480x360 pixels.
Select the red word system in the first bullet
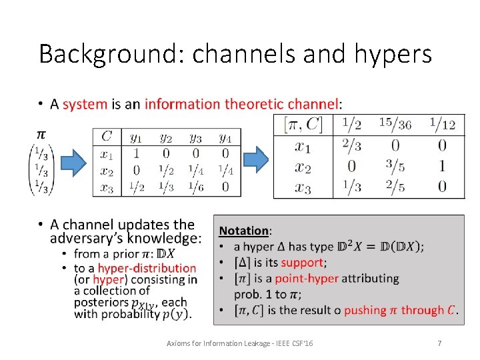point(85,104)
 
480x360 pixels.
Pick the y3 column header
point(195,138)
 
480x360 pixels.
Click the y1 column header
point(136,138)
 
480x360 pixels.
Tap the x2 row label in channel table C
point(107,171)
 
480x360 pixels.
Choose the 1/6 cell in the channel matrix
point(195,187)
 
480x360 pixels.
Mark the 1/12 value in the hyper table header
point(442,123)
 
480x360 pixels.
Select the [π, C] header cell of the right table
point(303,123)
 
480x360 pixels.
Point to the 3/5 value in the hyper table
point(395,166)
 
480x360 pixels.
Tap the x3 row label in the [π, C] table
point(303,187)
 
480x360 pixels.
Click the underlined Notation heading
point(244,230)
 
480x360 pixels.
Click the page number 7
point(439,343)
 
